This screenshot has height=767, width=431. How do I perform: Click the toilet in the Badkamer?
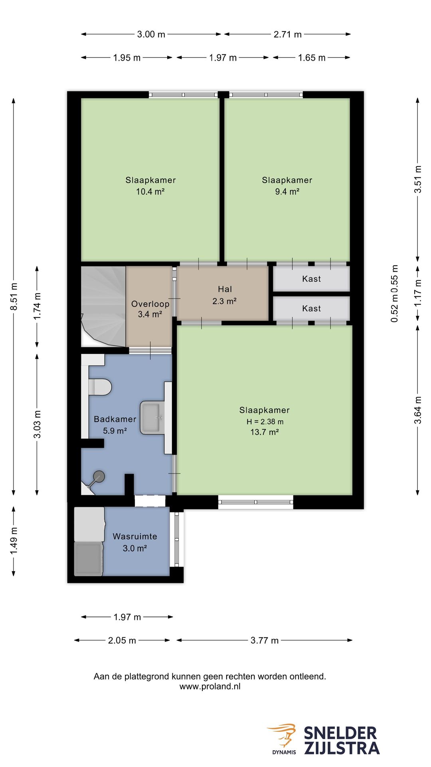coord(100,387)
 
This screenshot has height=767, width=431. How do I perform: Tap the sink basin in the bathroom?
coord(152,418)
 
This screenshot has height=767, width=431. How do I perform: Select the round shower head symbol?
coord(99,476)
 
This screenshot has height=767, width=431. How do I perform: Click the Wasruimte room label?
coord(135,537)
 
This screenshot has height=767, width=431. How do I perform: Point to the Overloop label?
coord(150,304)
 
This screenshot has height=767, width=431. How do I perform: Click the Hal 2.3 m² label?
coord(225,295)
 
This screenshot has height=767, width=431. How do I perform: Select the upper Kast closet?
coord(311,279)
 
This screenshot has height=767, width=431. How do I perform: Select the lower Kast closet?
coord(311,308)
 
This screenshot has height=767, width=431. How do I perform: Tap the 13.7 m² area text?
coord(265,432)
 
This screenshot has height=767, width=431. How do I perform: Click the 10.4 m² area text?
coord(150,191)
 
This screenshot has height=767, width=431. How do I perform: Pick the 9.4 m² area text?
coord(287,191)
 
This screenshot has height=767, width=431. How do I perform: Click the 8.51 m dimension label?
coord(14,296)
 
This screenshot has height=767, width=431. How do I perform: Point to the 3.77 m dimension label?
coord(265,640)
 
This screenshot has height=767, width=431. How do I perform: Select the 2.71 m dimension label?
coord(287,34)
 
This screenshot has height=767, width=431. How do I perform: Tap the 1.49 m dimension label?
coord(14,540)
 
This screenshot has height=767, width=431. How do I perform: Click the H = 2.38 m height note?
coord(265,421)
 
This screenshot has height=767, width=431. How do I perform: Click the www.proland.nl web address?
coord(210,686)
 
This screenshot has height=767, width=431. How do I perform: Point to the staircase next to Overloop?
coord(103,306)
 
